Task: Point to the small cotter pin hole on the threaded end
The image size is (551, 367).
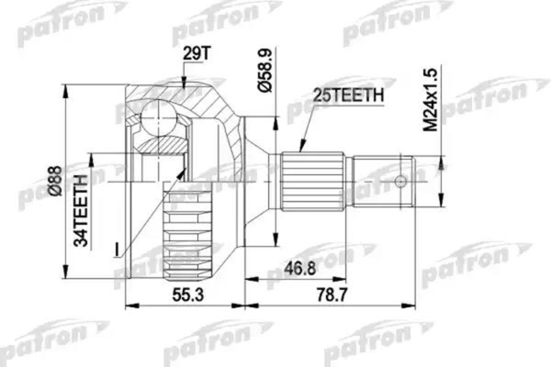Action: (x=400, y=181)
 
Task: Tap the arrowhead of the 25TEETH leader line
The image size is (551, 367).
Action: (x=305, y=145)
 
